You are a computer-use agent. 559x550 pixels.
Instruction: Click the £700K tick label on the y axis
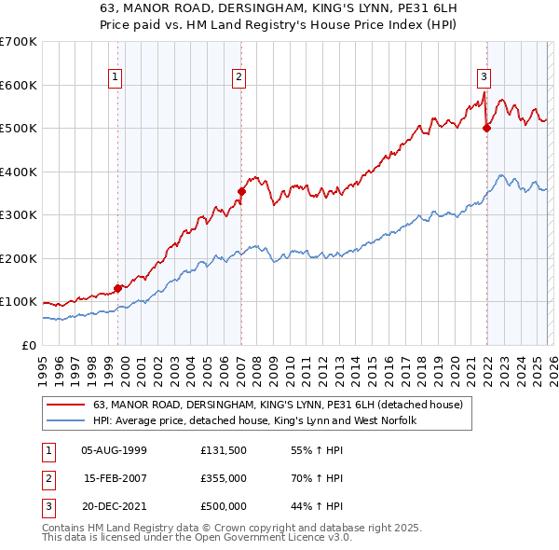pos(18,42)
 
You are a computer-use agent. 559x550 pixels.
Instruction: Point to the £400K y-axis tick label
pos(18,172)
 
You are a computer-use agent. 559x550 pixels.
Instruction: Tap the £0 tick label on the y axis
pos(28,345)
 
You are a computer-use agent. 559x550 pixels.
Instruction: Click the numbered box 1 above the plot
pos(116,77)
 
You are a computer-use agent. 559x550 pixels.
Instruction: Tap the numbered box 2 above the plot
pos(239,77)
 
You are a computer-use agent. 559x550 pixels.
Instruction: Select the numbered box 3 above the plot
pos(484,77)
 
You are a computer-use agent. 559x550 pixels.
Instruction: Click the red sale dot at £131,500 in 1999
pos(117,288)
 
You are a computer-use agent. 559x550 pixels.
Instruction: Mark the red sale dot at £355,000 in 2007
pos(241,192)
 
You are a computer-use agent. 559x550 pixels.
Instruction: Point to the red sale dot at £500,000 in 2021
pos(486,129)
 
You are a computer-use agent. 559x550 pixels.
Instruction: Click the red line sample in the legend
pos(65,405)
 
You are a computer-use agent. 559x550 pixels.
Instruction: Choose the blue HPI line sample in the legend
pos(65,420)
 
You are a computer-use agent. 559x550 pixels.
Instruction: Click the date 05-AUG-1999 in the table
pos(115,450)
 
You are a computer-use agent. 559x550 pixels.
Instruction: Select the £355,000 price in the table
pos(223,478)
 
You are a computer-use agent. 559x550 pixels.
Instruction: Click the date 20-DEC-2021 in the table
pos(115,506)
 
